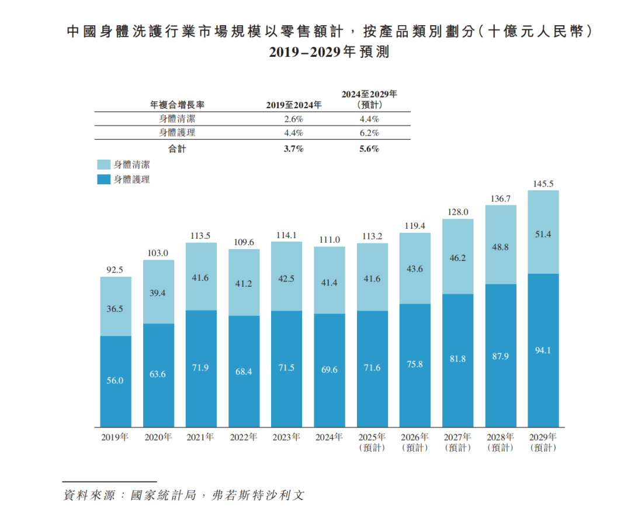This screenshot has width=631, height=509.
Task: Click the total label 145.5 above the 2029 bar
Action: click(x=543, y=184)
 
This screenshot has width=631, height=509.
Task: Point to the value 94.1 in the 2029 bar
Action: click(x=543, y=350)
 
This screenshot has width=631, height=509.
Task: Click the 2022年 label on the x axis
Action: click(x=244, y=437)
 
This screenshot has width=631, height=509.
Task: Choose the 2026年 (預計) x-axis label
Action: click(x=415, y=442)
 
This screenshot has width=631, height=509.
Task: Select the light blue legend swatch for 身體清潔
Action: click(x=103, y=165)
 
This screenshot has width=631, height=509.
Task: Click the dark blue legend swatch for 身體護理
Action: click(x=103, y=180)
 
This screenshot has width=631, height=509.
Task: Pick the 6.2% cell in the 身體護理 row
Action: click(x=369, y=133)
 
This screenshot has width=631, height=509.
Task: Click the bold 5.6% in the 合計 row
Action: click(x=369, y=149)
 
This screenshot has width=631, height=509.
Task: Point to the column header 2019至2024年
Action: click(x=293, y=105)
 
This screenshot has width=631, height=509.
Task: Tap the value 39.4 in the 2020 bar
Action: click(x=158, y=293)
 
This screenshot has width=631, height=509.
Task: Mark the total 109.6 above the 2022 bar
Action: click(x=244, y=242)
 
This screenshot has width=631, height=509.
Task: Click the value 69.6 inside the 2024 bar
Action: click(x=329, y=370)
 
